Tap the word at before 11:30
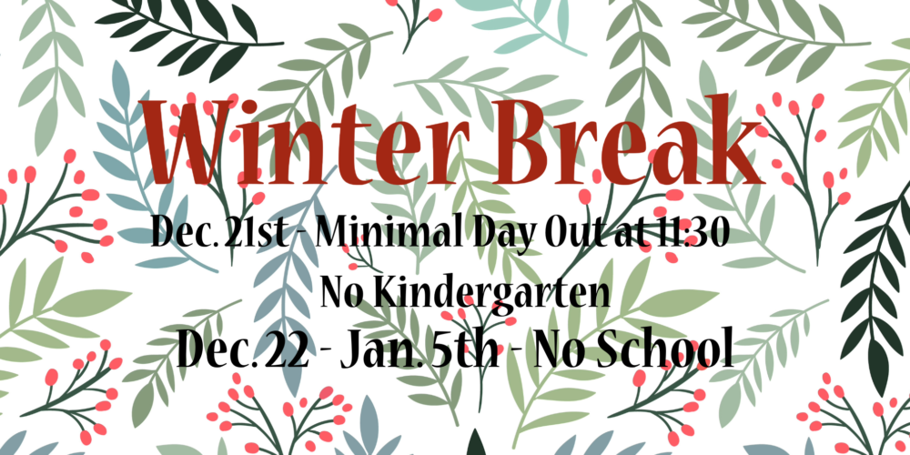[x=627, y=235]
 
